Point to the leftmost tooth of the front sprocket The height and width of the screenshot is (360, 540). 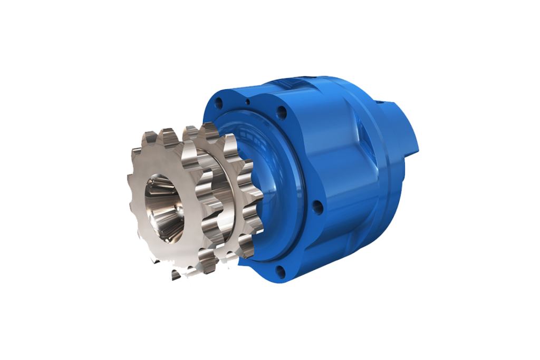pyautogui.click(x=131, y=184)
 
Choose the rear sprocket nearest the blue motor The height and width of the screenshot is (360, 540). pyautogui.click(x=232, y=200)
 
